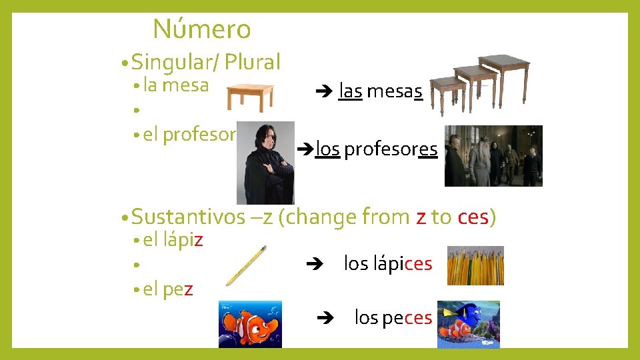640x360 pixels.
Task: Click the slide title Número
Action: (201, 29)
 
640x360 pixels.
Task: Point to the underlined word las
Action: (350, 91)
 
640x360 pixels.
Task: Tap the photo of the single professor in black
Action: (266, 162)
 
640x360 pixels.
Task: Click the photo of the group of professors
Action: (493, 155)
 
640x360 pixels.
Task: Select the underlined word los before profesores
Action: (327, 149)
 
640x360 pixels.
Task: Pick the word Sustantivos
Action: (189, 217)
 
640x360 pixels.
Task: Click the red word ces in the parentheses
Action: (473, 217)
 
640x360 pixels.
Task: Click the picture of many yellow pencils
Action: (475, 265)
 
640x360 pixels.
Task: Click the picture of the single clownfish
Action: (250, 324)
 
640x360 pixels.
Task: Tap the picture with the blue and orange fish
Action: (468, 324)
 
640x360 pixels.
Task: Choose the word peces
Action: (407, 318)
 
